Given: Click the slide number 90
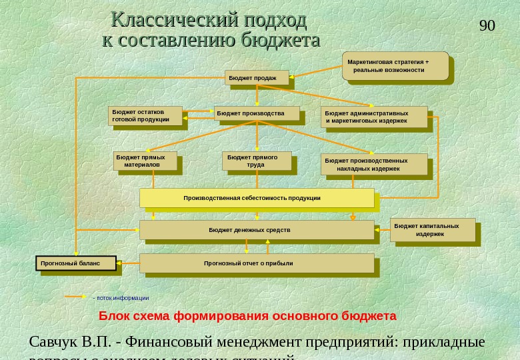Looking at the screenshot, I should coord(487,26).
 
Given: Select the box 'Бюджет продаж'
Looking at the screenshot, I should coord(257,78).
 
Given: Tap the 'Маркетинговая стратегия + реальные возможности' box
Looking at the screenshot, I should coord(395,66).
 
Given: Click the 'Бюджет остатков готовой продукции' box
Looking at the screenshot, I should coord(145,115).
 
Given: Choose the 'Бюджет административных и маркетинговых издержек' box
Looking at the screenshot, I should coord(373,117).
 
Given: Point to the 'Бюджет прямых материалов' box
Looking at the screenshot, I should coord(145,161).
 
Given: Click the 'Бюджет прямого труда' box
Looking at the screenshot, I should coord(256,161).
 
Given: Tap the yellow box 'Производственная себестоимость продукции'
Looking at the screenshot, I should coord(257,198).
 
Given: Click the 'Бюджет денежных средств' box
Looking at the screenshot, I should coord(257,230).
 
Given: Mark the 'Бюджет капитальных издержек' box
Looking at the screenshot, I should coord(432,230).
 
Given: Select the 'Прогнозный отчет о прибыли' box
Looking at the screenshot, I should coord(257,263).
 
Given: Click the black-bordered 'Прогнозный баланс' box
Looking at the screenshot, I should coord(76,263).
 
